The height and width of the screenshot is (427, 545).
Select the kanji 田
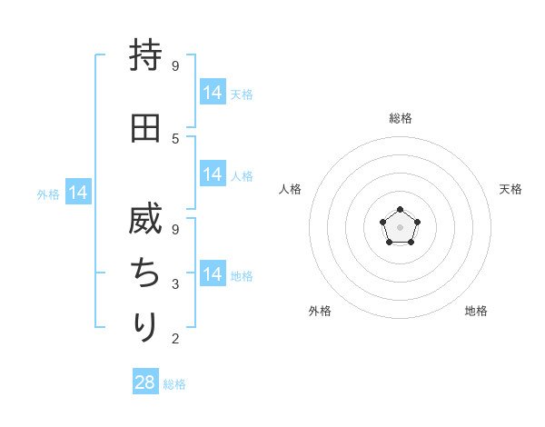tap(145, 128)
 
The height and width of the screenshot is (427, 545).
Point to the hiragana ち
tap(145, 273)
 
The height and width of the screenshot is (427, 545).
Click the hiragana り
tap(145, 326)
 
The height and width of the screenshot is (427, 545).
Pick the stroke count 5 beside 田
tap(175, 138)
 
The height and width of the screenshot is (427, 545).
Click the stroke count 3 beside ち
tap(175, 284)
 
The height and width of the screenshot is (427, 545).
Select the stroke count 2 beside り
tap(175, 339)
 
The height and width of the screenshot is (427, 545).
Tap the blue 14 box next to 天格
tap(213, 93)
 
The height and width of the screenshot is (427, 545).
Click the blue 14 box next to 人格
tap(213, 174)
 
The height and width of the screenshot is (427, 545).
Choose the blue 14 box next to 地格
tap(213, 274)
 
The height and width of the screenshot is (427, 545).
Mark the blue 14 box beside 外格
tap(78, 193)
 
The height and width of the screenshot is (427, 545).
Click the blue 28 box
tap(145, 382)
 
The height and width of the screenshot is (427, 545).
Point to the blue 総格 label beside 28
tap(174, 384)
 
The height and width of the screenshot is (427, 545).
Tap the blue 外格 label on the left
tap(48, 194)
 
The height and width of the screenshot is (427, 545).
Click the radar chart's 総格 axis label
tap(400, 118)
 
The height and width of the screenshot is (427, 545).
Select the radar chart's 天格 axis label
tap(511, 189)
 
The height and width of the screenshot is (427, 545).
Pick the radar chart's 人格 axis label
tap(290, 189)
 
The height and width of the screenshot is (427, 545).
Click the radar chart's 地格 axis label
tap(476, 311)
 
